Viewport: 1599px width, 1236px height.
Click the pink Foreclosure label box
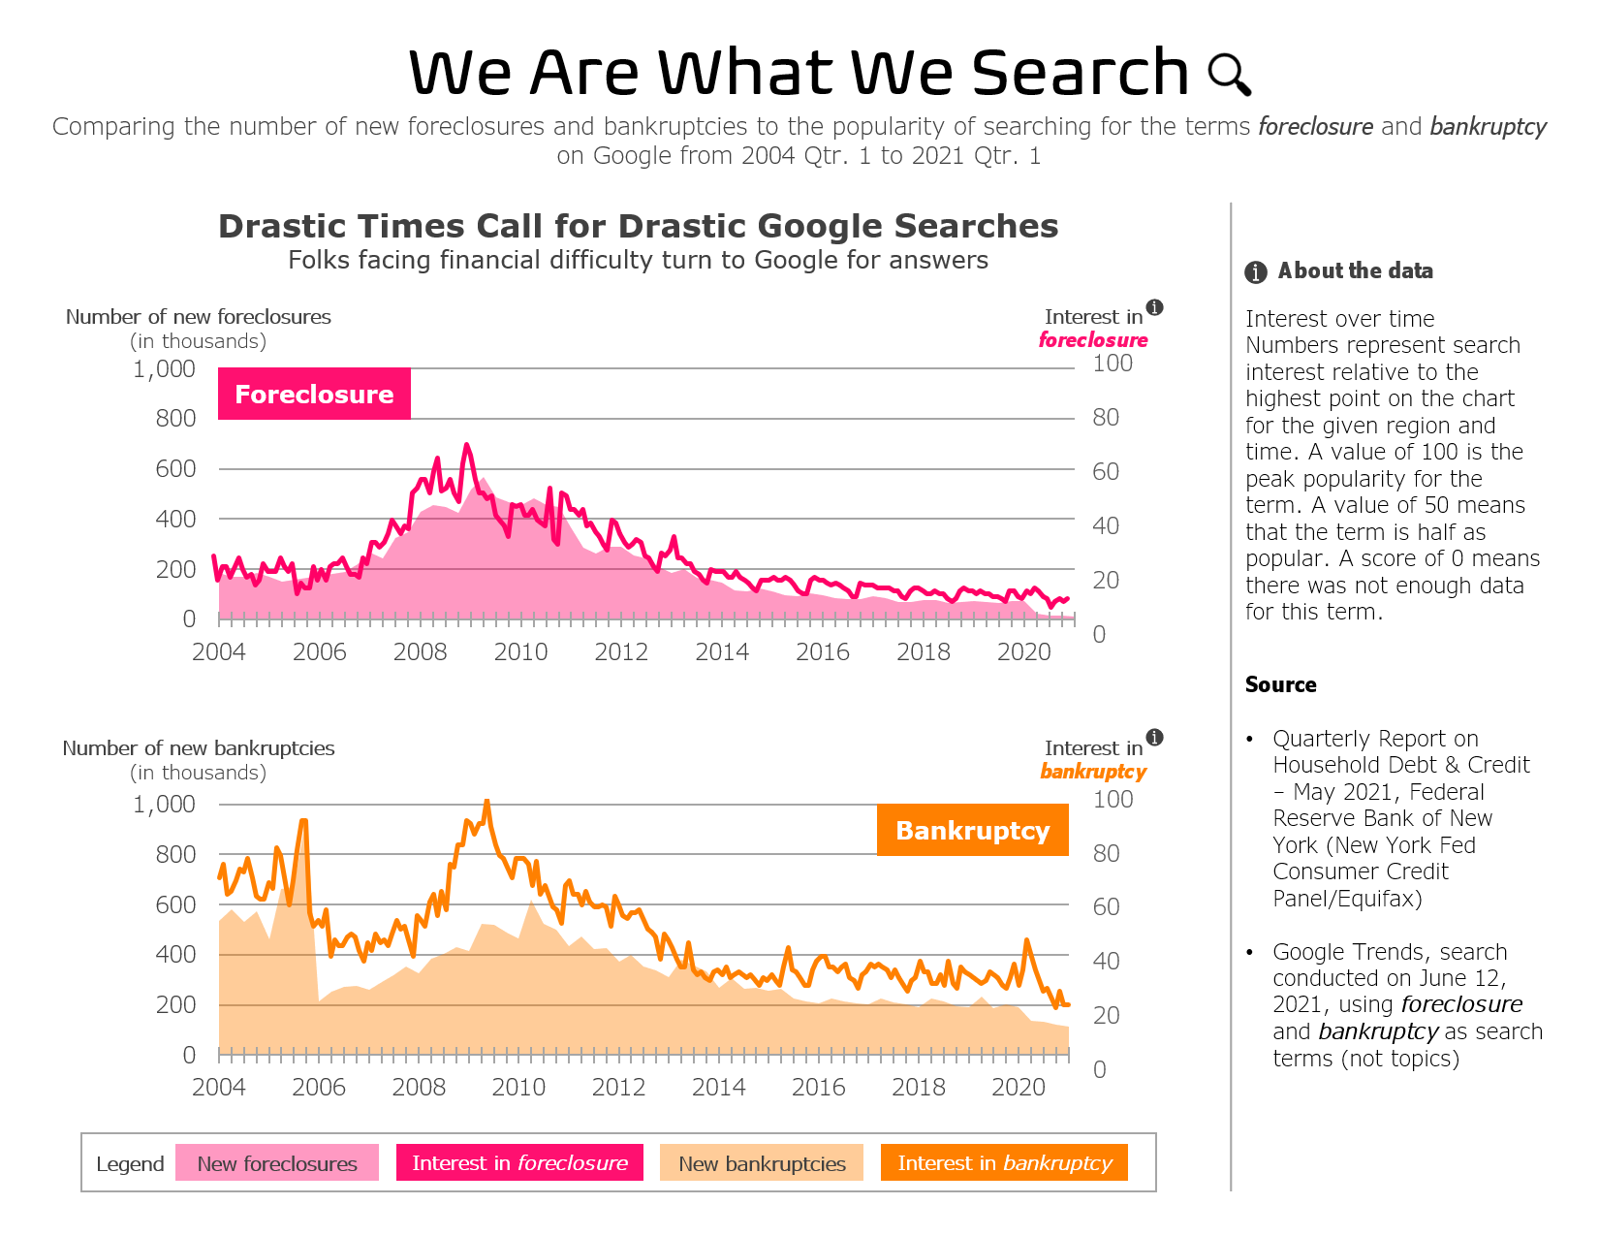[x=314, y=394]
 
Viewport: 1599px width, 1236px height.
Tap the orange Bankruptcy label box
[x=972, y=830]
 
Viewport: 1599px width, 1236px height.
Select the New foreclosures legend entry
[x=277, y=1163]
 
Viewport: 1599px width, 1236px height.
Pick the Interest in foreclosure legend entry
[x=519, y=1163]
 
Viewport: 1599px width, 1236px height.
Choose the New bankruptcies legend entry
[x=762, y=1163]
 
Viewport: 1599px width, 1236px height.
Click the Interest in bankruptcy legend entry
[x=1004, y=1163]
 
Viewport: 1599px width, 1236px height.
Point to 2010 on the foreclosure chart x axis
[x=520, y=651]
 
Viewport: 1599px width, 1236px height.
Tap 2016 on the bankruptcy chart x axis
[x=819, y=1087]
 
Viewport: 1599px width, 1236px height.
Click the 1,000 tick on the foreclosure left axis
[x=165, y=369]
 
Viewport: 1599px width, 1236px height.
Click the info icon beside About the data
[x=1256, y=272]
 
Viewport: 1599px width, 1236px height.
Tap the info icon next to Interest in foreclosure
[x=1154, y=307]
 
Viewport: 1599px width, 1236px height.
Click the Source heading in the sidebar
[x=1280, y=684]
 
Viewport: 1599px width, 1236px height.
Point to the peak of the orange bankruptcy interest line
[x=486, y=802]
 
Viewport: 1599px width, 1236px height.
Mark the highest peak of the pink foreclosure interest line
[x=466, y=445]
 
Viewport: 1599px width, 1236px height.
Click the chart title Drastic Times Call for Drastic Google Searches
[x=638, y=226]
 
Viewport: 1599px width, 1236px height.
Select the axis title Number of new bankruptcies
[x=199, y=748]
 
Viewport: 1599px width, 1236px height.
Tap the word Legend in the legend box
[x=130, y=1164]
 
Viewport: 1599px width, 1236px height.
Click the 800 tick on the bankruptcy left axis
[x=175, y=855]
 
